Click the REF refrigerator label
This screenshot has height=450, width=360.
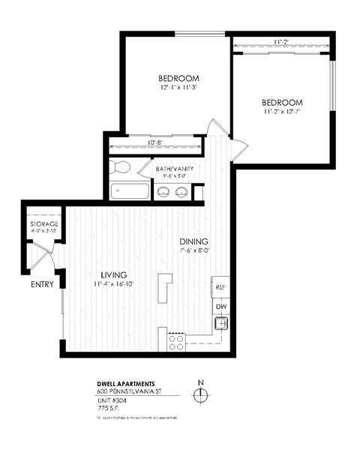click(x=220, y=287)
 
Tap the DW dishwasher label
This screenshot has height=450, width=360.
click(x=220, y=307)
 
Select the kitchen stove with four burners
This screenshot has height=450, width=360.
click(x=177, y=343)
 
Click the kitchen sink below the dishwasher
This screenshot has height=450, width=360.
click(x=220, y=324)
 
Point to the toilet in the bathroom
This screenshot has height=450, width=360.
click(x=117, y=167)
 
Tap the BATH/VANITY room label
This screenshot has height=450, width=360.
click(x=175, y=169)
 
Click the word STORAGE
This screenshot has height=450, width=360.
click(x=44, y=224)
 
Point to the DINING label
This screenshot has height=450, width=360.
click(x=193, y=241)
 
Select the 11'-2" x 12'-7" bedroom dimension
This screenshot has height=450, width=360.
click(x=281, y=112)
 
